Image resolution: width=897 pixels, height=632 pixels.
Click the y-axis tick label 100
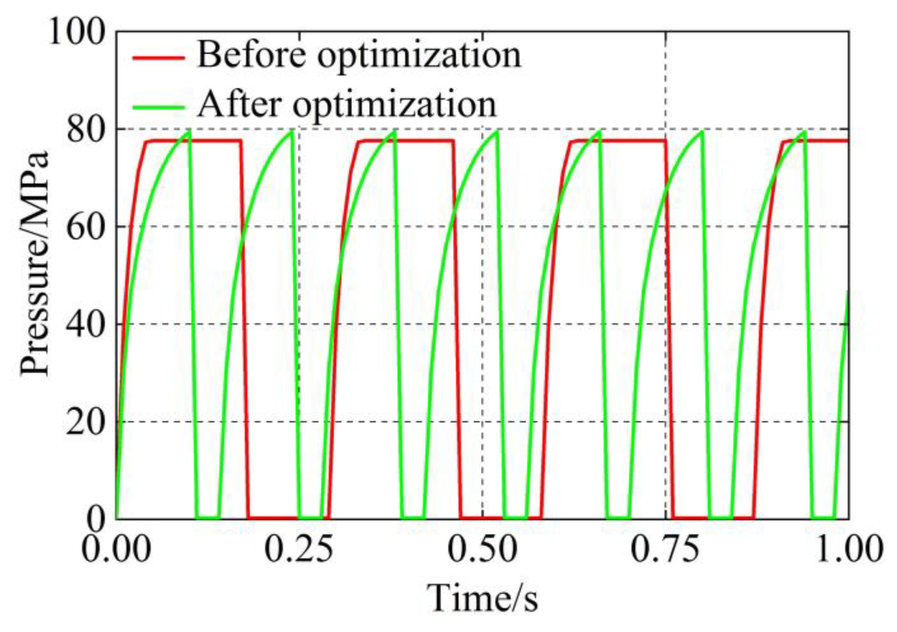[x=76, y=33]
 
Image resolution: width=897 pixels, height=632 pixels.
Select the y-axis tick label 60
[x=85, y=227]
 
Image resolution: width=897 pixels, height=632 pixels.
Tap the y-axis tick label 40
[x=85, y=325]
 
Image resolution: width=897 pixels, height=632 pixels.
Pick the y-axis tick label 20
[x=85, y=422]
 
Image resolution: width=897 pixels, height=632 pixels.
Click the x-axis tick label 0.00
[x=116, y=549]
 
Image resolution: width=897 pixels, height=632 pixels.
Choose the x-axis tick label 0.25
[x=299, y=549]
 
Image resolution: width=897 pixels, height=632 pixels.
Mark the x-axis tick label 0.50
[x=482, y=549]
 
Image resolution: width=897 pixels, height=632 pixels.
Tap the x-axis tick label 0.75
[x=665, y=549]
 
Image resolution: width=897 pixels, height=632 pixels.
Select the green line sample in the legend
[x=158, y=107]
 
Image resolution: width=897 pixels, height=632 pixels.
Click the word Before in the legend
[x=251, y=55]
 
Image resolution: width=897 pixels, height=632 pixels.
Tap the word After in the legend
[x=239, y=104]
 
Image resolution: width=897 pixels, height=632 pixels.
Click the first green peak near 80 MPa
[x=189, y=131]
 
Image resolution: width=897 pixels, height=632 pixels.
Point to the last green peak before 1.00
[x=805, y=132]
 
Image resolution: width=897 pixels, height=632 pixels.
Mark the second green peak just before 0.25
[x=292, y=132]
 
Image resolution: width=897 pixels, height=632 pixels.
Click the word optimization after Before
[x=419, y=57]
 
